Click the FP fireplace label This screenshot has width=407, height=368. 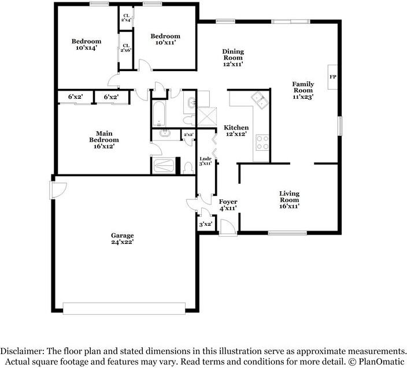pos(333,77)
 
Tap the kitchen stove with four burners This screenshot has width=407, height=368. pos(262,142)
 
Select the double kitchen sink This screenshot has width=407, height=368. pos(260,100)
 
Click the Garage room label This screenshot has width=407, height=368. pos(122,239)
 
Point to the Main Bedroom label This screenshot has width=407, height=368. pos(104,140)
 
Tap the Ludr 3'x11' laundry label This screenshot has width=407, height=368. pos(205,161)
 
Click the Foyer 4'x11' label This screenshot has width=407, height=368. pos(228,205)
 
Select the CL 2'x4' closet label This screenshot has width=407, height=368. pos(126,18)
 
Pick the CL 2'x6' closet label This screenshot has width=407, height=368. pos(126,48)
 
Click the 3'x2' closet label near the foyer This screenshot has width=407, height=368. pos(206,224)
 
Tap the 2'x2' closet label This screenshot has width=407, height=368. pos(188,135)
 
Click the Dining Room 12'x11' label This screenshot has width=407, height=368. pos(233,58)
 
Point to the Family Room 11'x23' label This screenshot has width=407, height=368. pos(303,90)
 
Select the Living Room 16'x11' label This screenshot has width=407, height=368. pos(290,200)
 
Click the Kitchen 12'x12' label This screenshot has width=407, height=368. pos(236,131)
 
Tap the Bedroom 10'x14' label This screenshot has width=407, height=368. pos(87,44)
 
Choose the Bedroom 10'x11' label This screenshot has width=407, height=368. pos(165,39)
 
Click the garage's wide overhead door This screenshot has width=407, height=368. pos(124,308)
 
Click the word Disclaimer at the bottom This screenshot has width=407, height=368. pos(23,351)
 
